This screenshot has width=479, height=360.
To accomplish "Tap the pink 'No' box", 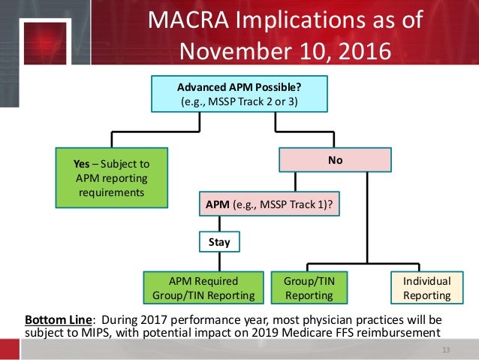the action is [x=336, y=159].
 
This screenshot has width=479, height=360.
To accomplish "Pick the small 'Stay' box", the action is [x=219, y=243].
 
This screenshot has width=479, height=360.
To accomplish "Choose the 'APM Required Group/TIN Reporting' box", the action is [x=204, y=289].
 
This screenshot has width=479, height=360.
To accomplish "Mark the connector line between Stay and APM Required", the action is [x=219, y=261].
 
